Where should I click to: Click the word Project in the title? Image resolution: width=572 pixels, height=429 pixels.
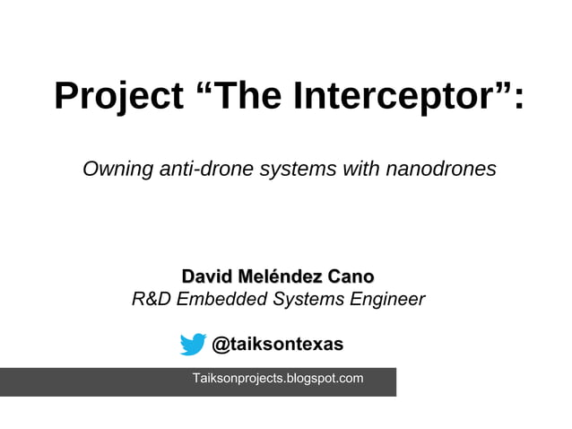[117, 97]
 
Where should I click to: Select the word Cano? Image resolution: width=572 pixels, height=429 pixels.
[349, 275]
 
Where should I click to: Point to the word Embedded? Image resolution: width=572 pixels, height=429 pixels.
[217, 299]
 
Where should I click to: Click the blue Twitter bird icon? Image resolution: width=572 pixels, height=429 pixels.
[193, 345]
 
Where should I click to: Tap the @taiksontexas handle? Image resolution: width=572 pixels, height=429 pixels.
[277, 345]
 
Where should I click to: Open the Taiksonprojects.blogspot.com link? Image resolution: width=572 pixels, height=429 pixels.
[278, 379]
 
